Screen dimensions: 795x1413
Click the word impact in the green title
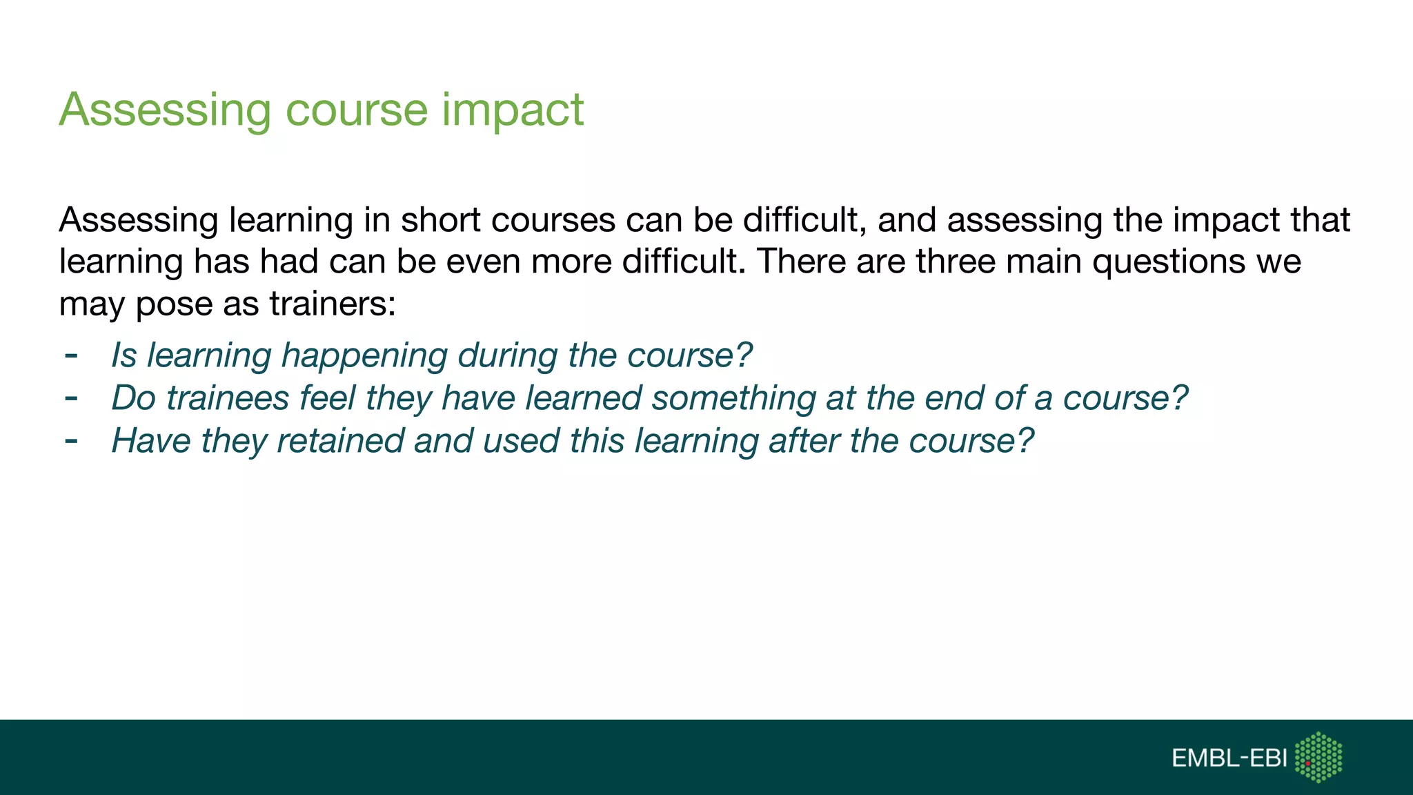coord(513,110)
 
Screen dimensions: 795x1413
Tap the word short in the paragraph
coord(440,220)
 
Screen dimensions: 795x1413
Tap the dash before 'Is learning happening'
coord(70,356)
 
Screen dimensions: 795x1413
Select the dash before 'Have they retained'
coord(70,441)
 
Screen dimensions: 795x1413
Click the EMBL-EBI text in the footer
coord(1229,758)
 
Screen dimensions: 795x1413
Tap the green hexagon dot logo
coord(1318,757)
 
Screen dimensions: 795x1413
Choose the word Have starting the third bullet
coord(151,440)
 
